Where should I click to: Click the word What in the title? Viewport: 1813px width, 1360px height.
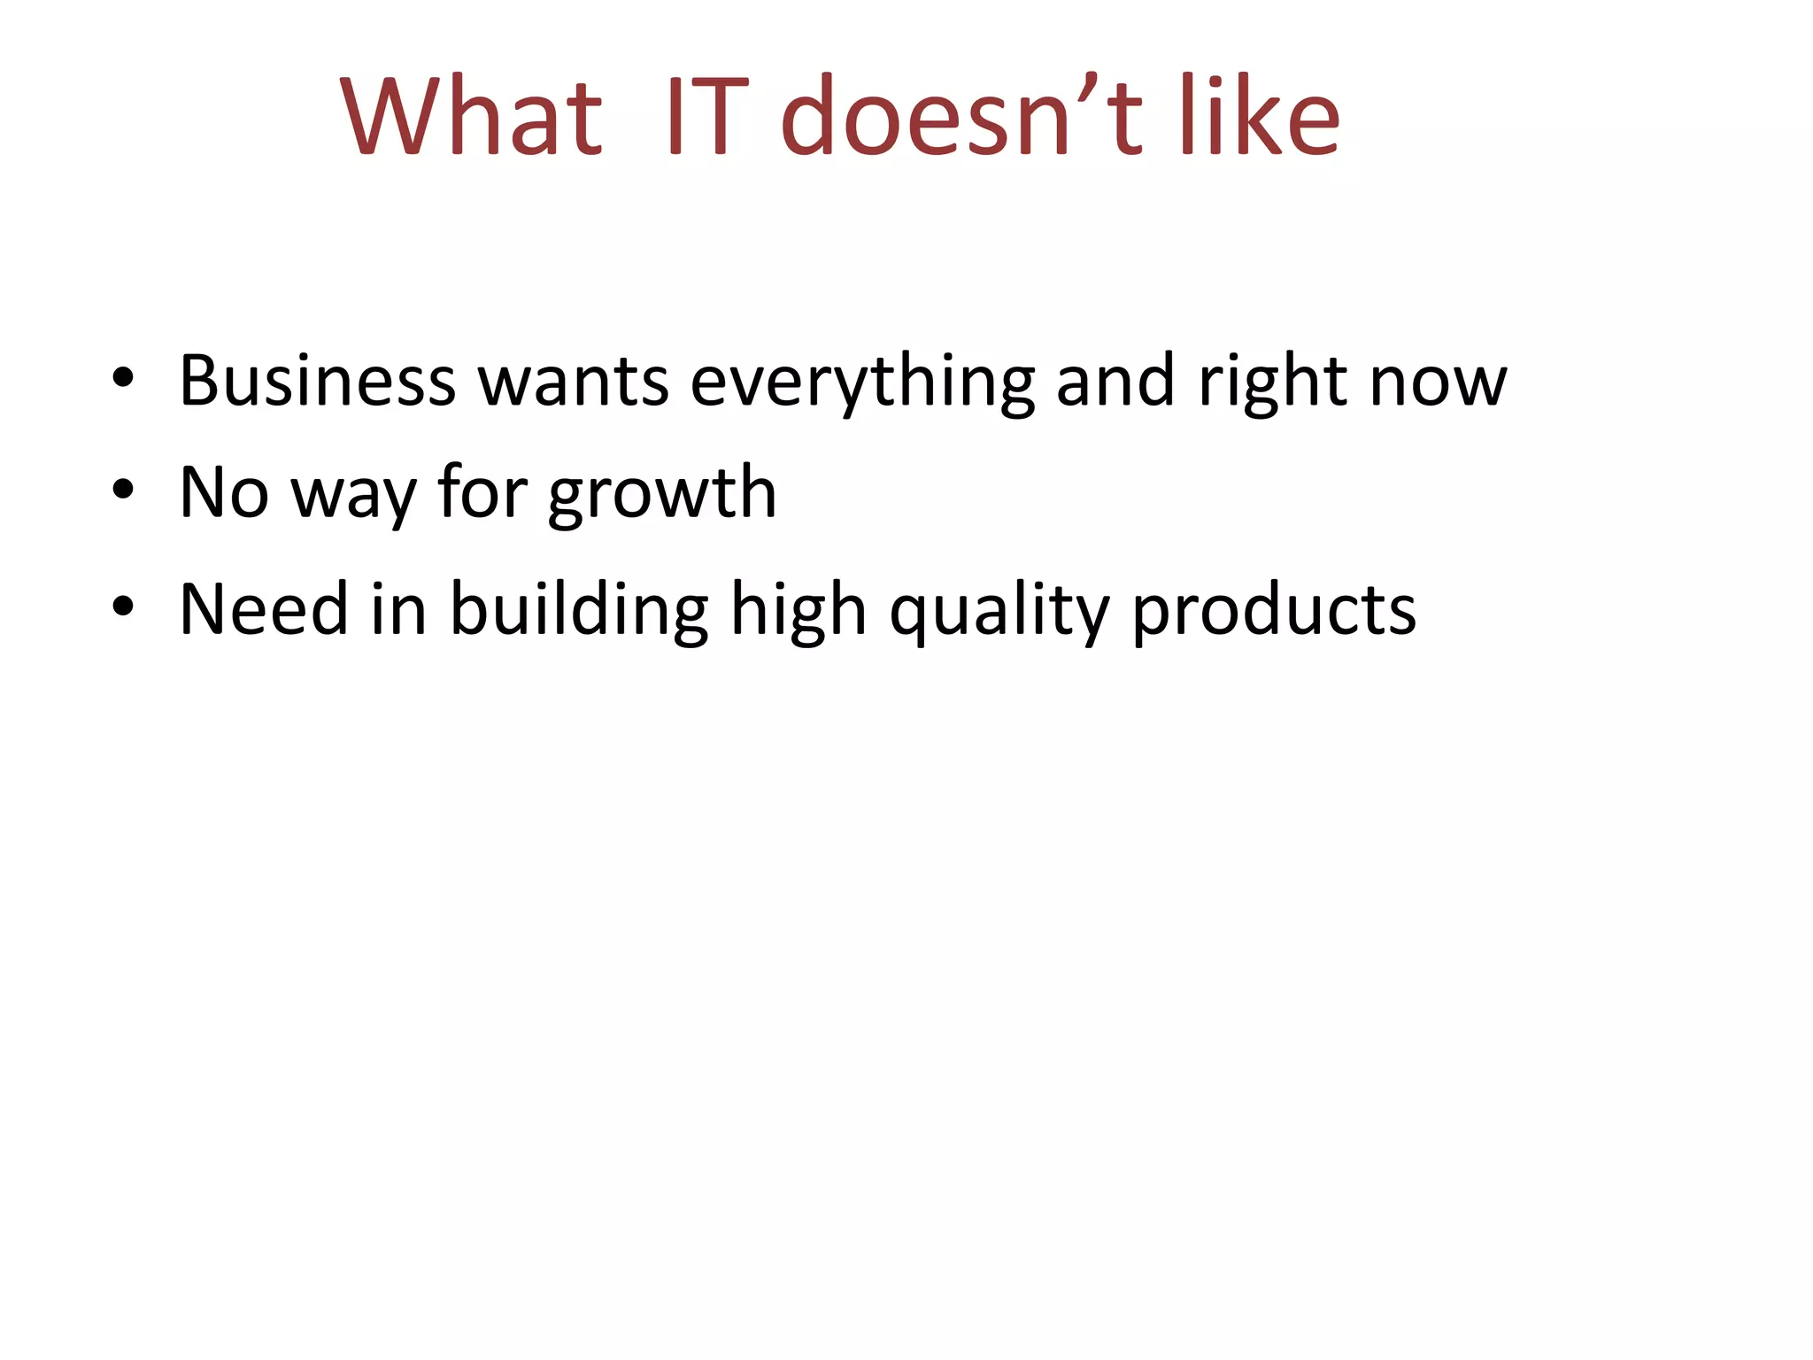point(472,117)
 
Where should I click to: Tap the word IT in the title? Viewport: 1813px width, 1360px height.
point(706,117)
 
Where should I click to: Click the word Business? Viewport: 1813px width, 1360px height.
point(317,381)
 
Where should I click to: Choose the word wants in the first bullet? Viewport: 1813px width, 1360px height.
point(573,381)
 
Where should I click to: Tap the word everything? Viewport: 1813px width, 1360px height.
point(862,382)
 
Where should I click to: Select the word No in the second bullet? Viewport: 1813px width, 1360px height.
point(223,492)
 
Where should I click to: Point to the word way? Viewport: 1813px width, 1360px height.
point(353,496)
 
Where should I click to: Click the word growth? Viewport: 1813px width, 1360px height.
point(662,494)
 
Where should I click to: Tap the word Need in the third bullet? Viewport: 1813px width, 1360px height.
point(264,609)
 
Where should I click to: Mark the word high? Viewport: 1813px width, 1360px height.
point(798,611)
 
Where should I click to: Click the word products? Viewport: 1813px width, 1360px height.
point(1274,611)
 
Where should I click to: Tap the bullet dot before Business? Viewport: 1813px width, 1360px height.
point(123,379)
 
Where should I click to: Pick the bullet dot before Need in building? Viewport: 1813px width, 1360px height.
point(123,607)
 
